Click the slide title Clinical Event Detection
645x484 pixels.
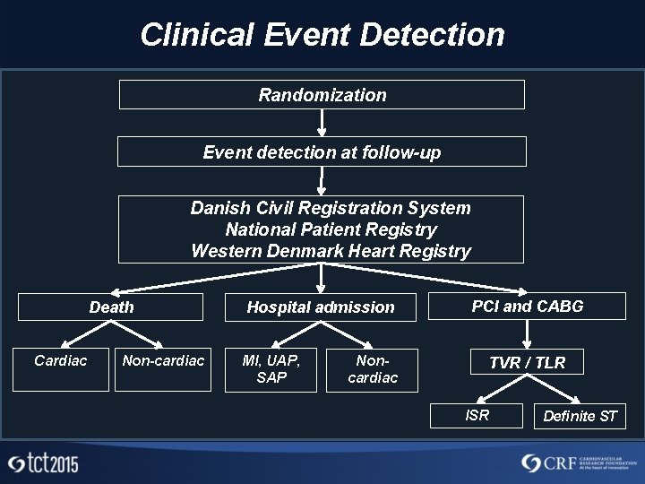tap(322, 35)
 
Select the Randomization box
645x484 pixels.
tap(322, 95)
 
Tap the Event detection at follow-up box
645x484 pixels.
tap(322, 152)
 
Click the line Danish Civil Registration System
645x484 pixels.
tap(330, 208)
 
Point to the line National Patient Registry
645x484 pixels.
tap(331, 229)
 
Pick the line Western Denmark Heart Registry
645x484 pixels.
tap(331, 251)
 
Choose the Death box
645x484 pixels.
tap(112, 307)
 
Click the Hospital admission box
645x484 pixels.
tap(321, 307)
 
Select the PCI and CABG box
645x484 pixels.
tap(528, 307)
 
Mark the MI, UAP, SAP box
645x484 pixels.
tap(271, 369)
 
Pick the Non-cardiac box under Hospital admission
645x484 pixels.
tap(373, 369)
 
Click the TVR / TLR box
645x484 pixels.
tap(527, 362)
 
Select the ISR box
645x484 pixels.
tap(477, 415)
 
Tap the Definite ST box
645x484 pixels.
tap(580, 416)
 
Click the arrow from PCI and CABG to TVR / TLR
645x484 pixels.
tap(528, 334)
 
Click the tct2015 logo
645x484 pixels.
tap(43, 463)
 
